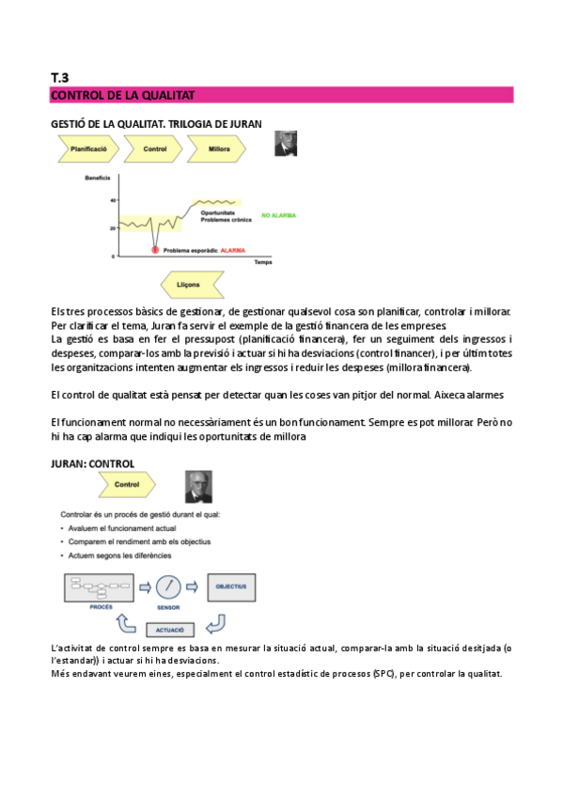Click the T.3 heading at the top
click(x=60, y=77)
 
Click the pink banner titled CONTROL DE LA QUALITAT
click(x=281, y=95)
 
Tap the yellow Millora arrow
click(x=216, y=148)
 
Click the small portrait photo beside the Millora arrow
click(x=285, y=144)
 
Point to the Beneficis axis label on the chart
click(x=98, y=179)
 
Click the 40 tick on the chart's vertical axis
click(x=112, y=200)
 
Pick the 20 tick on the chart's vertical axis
click(x=112, y=227)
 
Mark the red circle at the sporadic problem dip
click(x=155, y=250)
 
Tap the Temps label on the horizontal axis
click(x=262, y=263)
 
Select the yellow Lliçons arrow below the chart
click(x=191, y=284)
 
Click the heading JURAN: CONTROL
click(x=92, y=463)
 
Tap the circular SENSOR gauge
click(x=169, y=587)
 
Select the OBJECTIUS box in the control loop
click(x=230, y=587)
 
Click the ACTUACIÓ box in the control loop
click(x=170, y=629)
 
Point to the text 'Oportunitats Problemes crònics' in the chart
click(x=223, y=216)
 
